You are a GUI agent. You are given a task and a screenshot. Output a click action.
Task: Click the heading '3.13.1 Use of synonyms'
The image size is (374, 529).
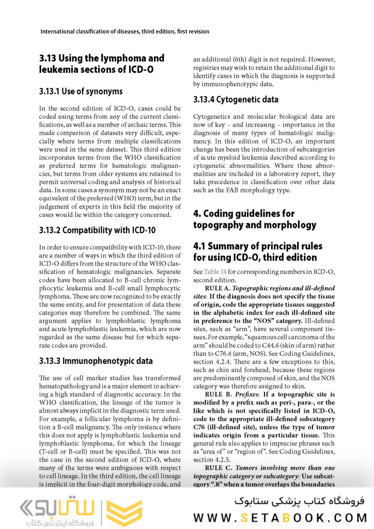[x=81, y=91]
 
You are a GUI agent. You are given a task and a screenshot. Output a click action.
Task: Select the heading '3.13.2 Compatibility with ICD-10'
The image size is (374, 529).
[x=97, y=230]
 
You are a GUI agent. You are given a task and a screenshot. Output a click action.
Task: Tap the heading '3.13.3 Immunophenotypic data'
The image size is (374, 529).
[x=96, y=361]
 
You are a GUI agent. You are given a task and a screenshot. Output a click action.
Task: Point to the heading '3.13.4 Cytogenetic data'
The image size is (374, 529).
[x=236, y=99]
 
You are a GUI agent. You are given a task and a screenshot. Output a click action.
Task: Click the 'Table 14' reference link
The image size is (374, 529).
[x=214, y=272]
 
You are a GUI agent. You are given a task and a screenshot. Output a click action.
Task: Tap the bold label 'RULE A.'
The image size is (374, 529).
[x=217, y=288]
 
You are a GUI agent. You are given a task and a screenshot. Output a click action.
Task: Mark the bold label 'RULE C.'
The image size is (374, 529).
[x=217, y=468]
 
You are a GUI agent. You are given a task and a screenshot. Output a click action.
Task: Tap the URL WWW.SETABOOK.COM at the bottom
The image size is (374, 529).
[x=279, y=518]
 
